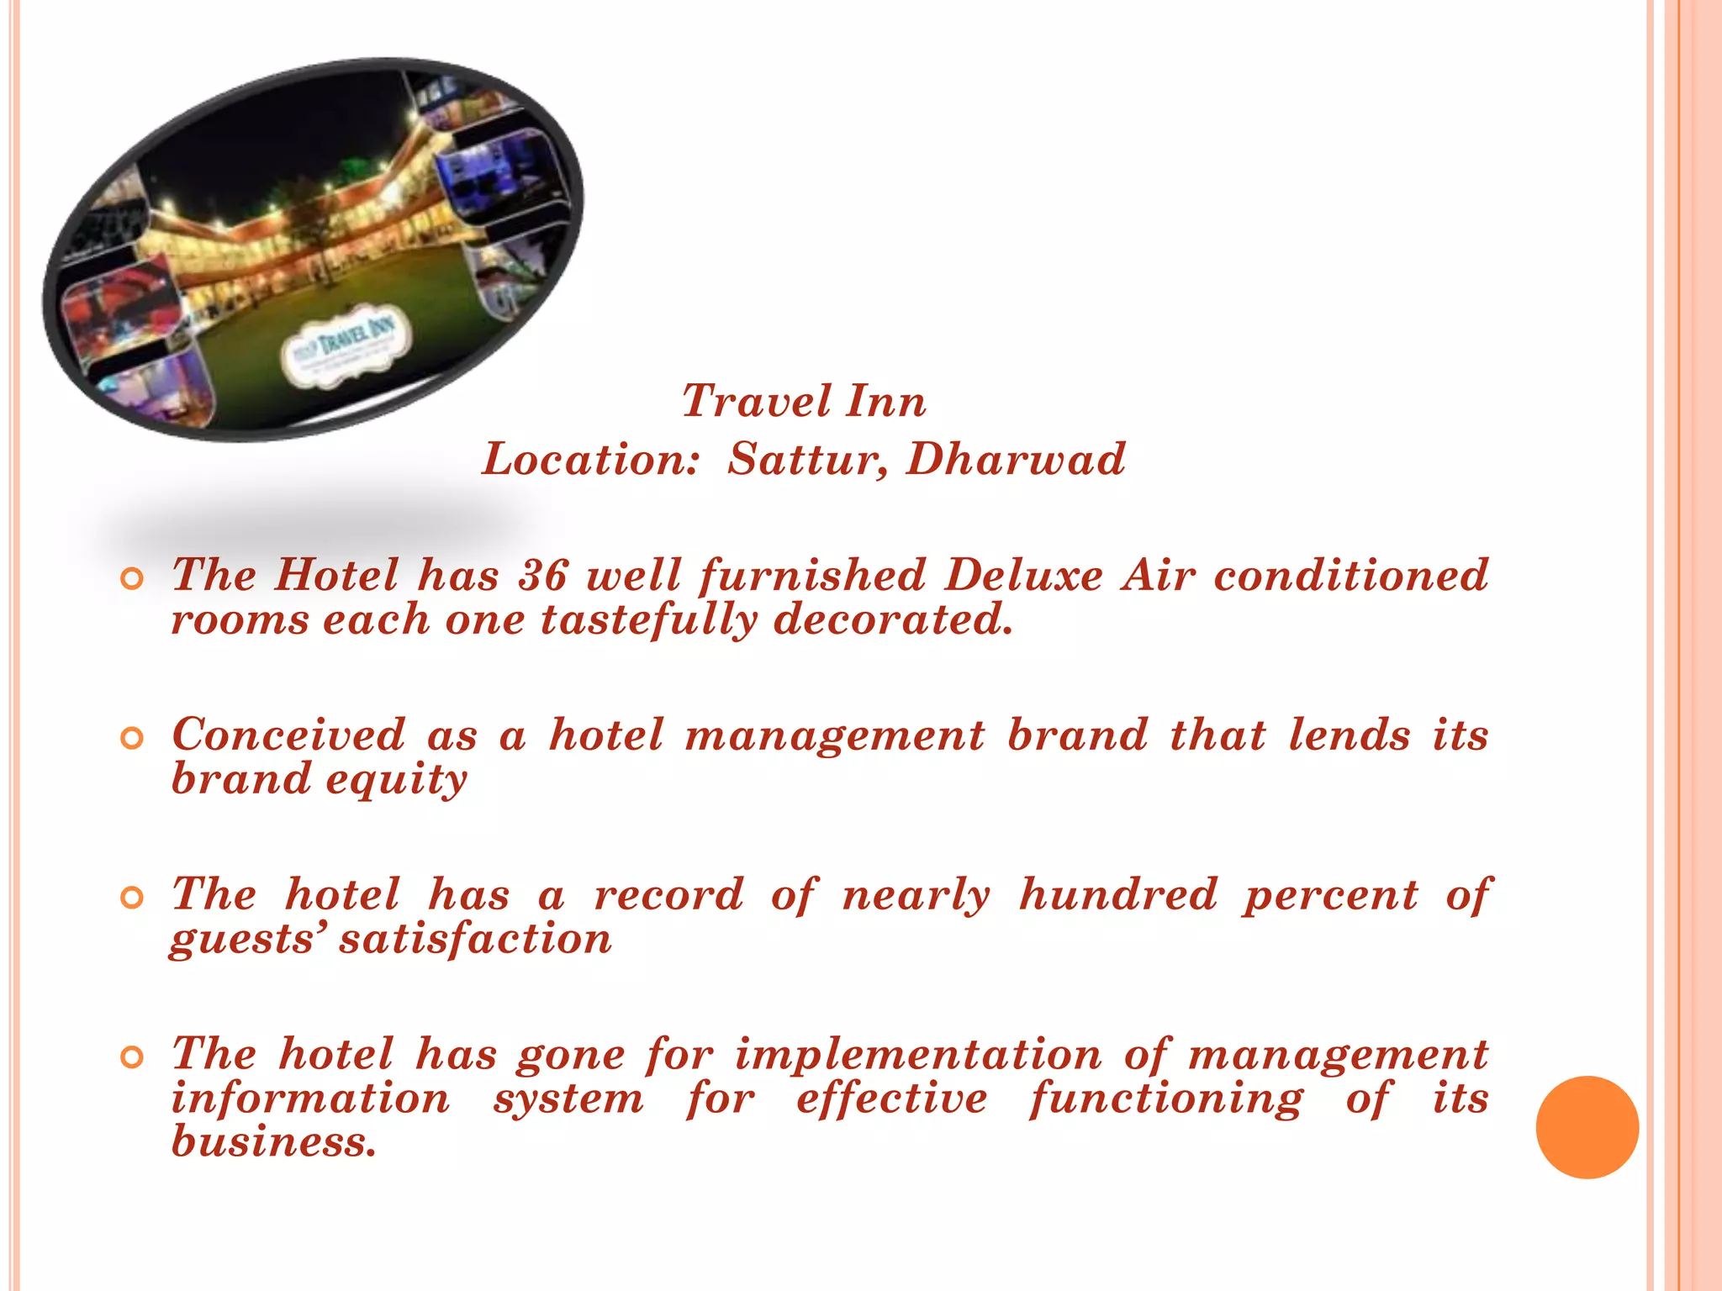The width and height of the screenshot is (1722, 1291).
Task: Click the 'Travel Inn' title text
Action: (804, 401)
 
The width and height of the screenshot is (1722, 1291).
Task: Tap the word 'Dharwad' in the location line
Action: (1015, 460)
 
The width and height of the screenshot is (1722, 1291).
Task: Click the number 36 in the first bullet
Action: (542, 576)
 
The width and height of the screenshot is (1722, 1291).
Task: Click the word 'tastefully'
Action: (648, 620)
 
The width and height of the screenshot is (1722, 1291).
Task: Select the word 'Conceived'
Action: (288, 735)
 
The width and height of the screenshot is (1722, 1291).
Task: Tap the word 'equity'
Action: (396, 780)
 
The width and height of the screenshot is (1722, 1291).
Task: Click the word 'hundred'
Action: (1117, 894)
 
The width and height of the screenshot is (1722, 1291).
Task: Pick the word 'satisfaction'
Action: (476, 939)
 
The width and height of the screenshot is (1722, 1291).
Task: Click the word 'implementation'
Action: (918, 1054)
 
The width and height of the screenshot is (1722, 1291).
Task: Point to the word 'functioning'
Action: (1166, 1099)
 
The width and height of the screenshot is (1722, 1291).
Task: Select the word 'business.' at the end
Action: (274, 1142)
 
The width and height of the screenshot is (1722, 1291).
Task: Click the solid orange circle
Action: (1587, 1127)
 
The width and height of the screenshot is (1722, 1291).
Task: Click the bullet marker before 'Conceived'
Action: (132, 738)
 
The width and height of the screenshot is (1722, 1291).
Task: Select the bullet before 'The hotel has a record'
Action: (132, 898)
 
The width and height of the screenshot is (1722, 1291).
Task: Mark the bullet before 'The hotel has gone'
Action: (132, 1057)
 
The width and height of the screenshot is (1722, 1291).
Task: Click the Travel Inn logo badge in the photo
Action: (346, 345)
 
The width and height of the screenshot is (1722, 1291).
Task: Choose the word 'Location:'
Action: (590, 460)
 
